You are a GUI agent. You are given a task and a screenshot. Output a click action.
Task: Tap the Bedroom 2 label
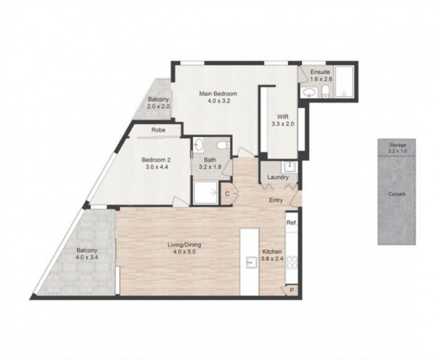[157, 163]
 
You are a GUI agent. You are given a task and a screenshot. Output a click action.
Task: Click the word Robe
[158, 130]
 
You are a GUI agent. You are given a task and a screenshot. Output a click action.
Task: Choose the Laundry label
[278, 178]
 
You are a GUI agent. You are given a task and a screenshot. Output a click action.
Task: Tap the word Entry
[276, 201]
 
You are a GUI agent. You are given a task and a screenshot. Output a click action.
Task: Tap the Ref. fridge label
[292, 223]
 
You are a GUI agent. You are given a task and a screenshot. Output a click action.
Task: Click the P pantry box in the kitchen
[292, 290]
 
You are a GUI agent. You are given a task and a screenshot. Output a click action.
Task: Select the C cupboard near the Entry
[228, 194]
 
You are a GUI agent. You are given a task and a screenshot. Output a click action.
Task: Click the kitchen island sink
[249, 262]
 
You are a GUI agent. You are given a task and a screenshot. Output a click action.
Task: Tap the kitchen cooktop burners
[292, 262]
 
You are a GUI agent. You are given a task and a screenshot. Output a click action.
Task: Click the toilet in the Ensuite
[325, 91]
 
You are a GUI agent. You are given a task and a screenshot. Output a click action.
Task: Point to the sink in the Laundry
[289, 166]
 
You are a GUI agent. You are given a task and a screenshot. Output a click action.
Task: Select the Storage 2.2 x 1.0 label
[397, 148]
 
